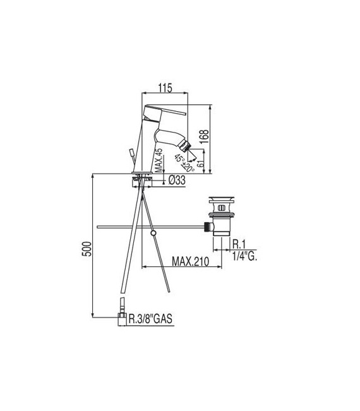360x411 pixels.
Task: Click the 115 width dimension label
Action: tap(165, 88)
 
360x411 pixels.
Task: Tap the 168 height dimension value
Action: tap(204, 136)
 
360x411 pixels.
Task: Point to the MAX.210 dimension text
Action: tap(190, 261)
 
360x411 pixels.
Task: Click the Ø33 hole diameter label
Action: tap(177, 180)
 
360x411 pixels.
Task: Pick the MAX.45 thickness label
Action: tap(159, 160)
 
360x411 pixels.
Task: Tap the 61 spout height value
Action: tap(200, 164)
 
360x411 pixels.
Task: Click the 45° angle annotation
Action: tap(179, 158)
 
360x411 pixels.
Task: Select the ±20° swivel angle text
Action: tap(188, 167)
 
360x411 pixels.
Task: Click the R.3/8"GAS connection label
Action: tap(150, 319)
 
